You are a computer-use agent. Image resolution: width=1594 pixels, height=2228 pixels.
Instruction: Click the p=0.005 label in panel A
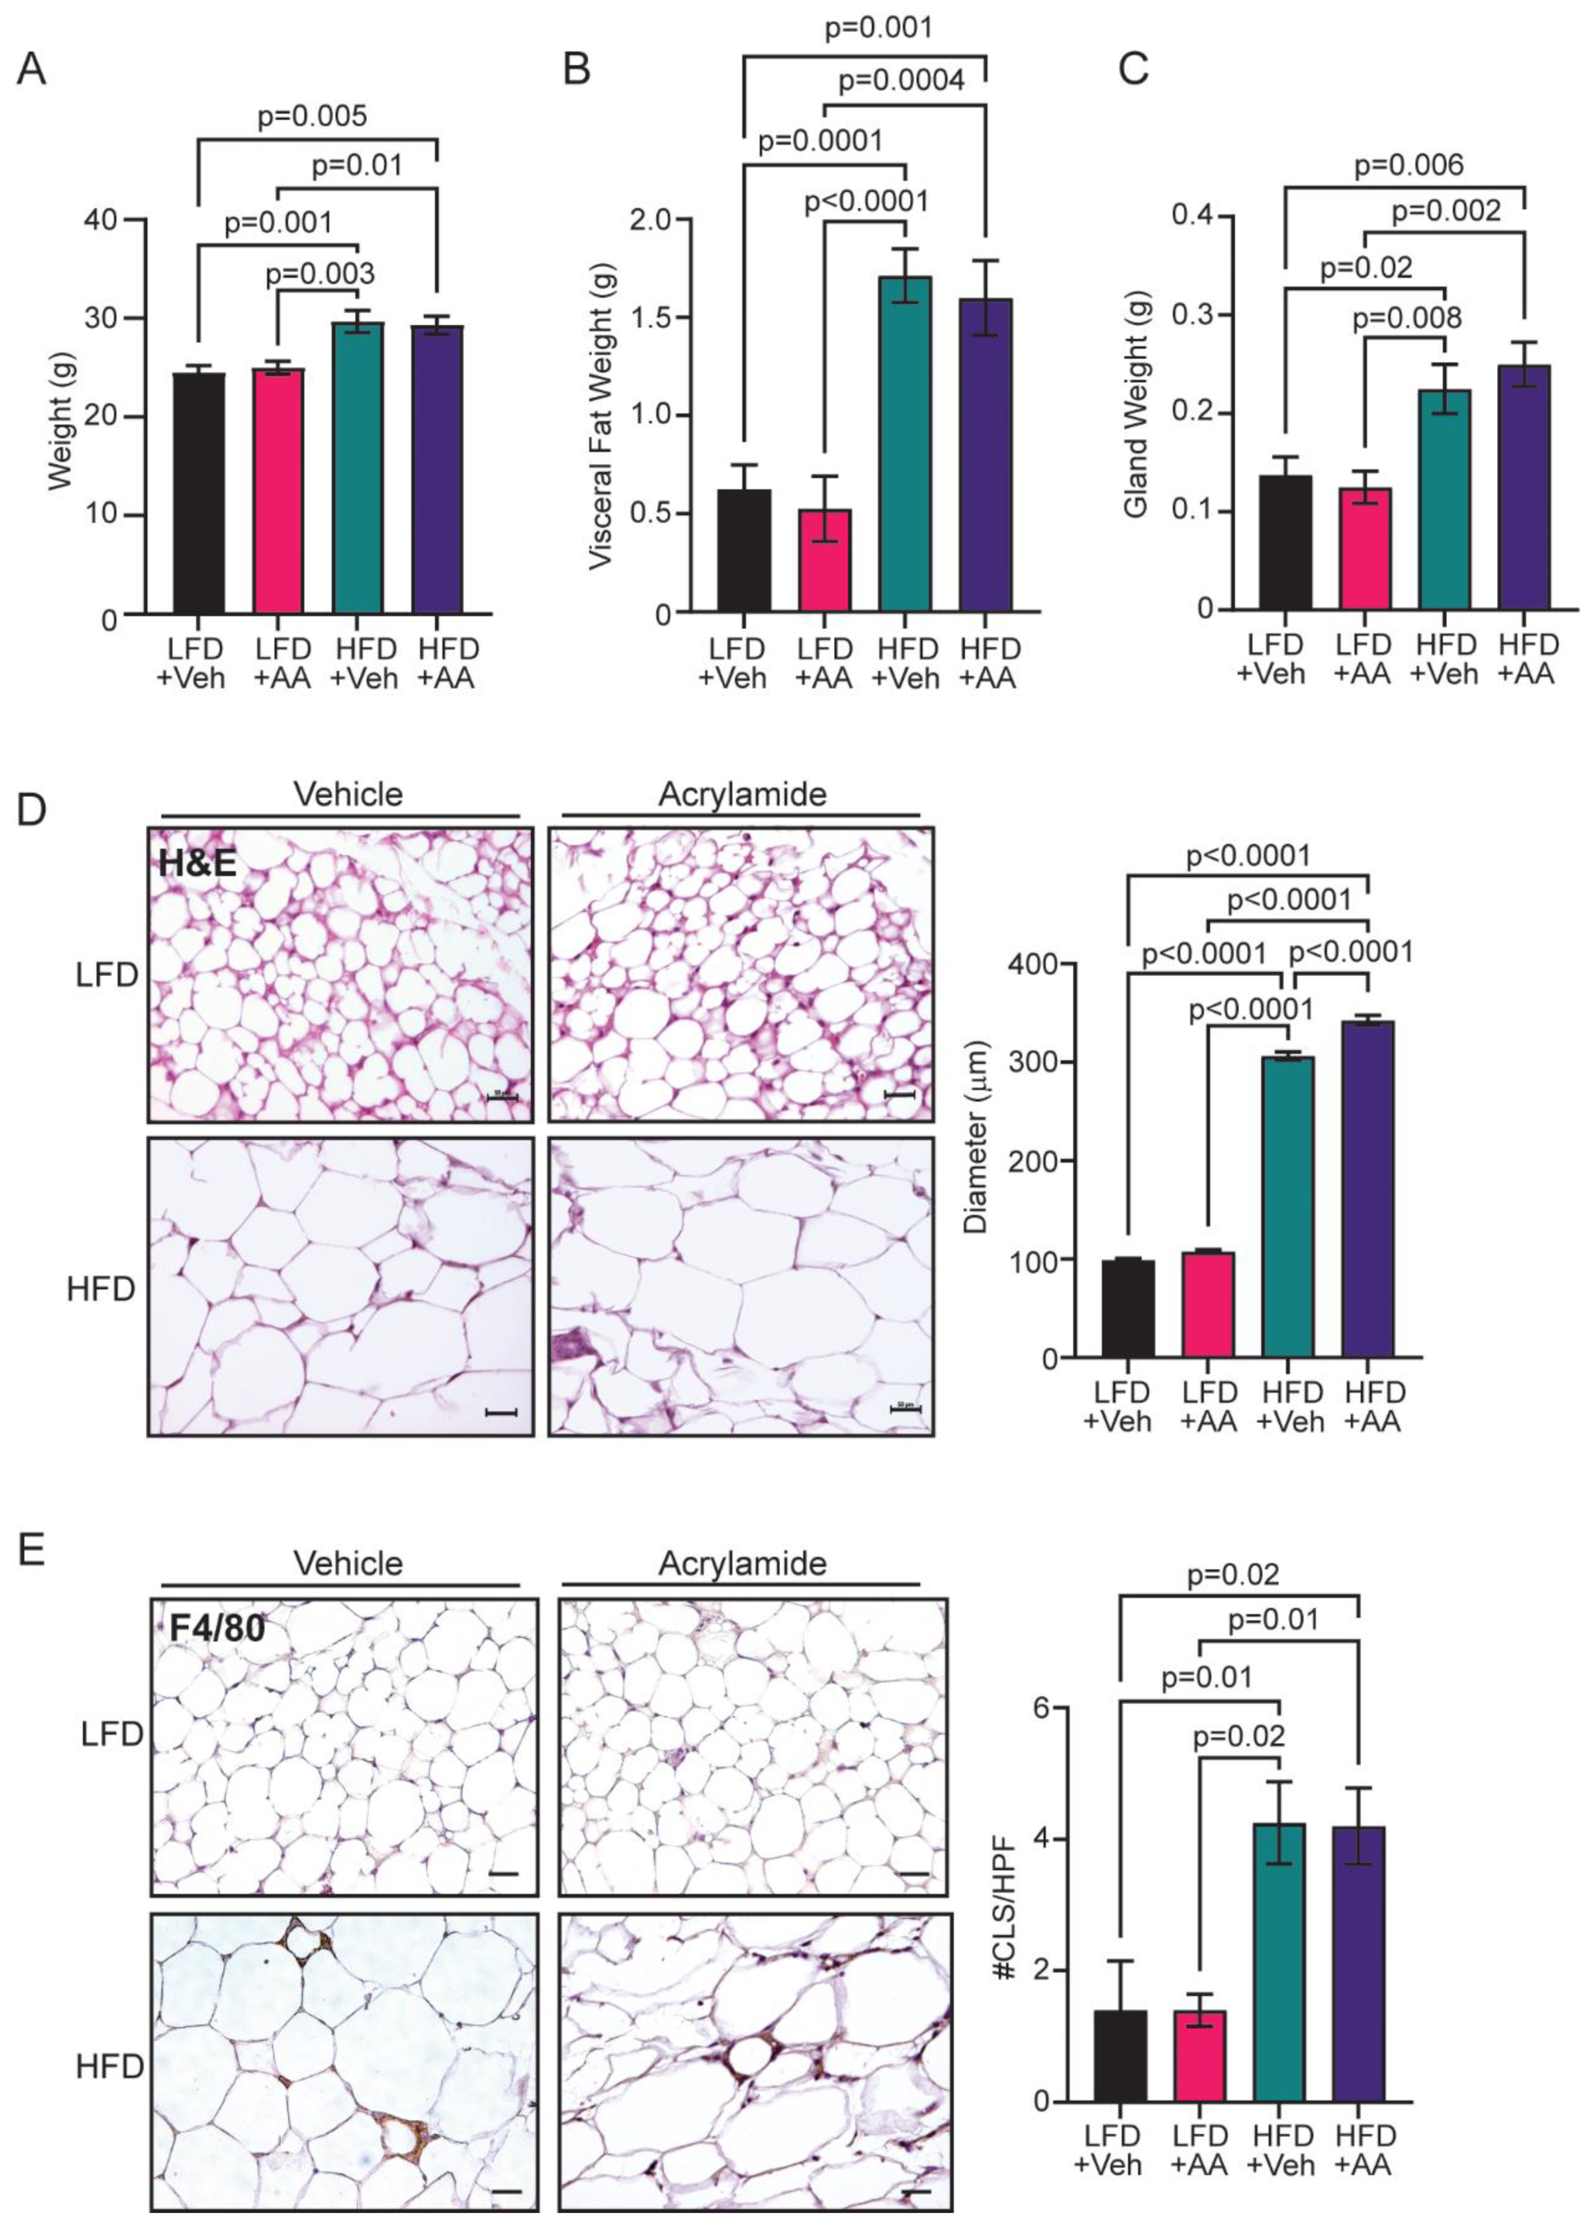[312, 116]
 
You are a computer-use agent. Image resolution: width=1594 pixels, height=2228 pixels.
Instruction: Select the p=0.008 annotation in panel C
[1406, 318]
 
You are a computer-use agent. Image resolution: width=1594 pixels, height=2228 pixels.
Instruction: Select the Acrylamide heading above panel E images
[742, 1563]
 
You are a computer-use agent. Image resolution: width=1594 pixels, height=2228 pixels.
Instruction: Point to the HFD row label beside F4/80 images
[110, 2066]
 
